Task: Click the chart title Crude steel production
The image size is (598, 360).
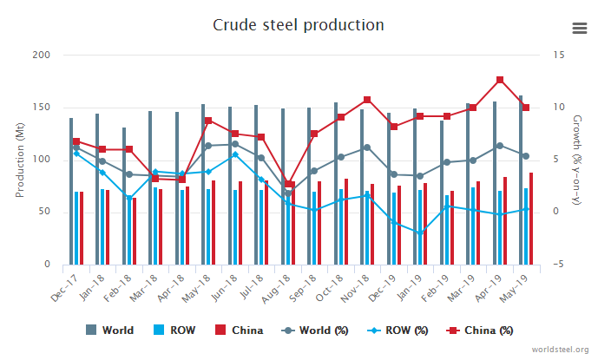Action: pyautogui.click(x=298, y=24)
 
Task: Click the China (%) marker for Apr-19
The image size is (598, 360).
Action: pyautogui.click(x=500, y=80)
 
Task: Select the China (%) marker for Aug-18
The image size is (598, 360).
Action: pyautogui.click(x=288, y=184)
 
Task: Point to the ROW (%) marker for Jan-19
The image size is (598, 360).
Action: pyautogui.click(x=420, y=233)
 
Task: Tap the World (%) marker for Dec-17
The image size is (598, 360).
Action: pyautogui.click(x=76, y=148)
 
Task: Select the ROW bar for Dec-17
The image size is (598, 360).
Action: pyautogui.click(x=76, y=228)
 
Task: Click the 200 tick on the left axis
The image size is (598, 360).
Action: pyautogui.click(x=41, y=56)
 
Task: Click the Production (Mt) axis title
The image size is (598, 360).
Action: pyautogui.click(x=19, y=160)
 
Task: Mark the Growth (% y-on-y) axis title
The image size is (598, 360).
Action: pyautogui.click(x=575, y=160)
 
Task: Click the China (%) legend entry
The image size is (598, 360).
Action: pyautogui.click(x=483, y=331)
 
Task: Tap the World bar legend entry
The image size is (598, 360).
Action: pyautogui.click(x=109, y=331)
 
